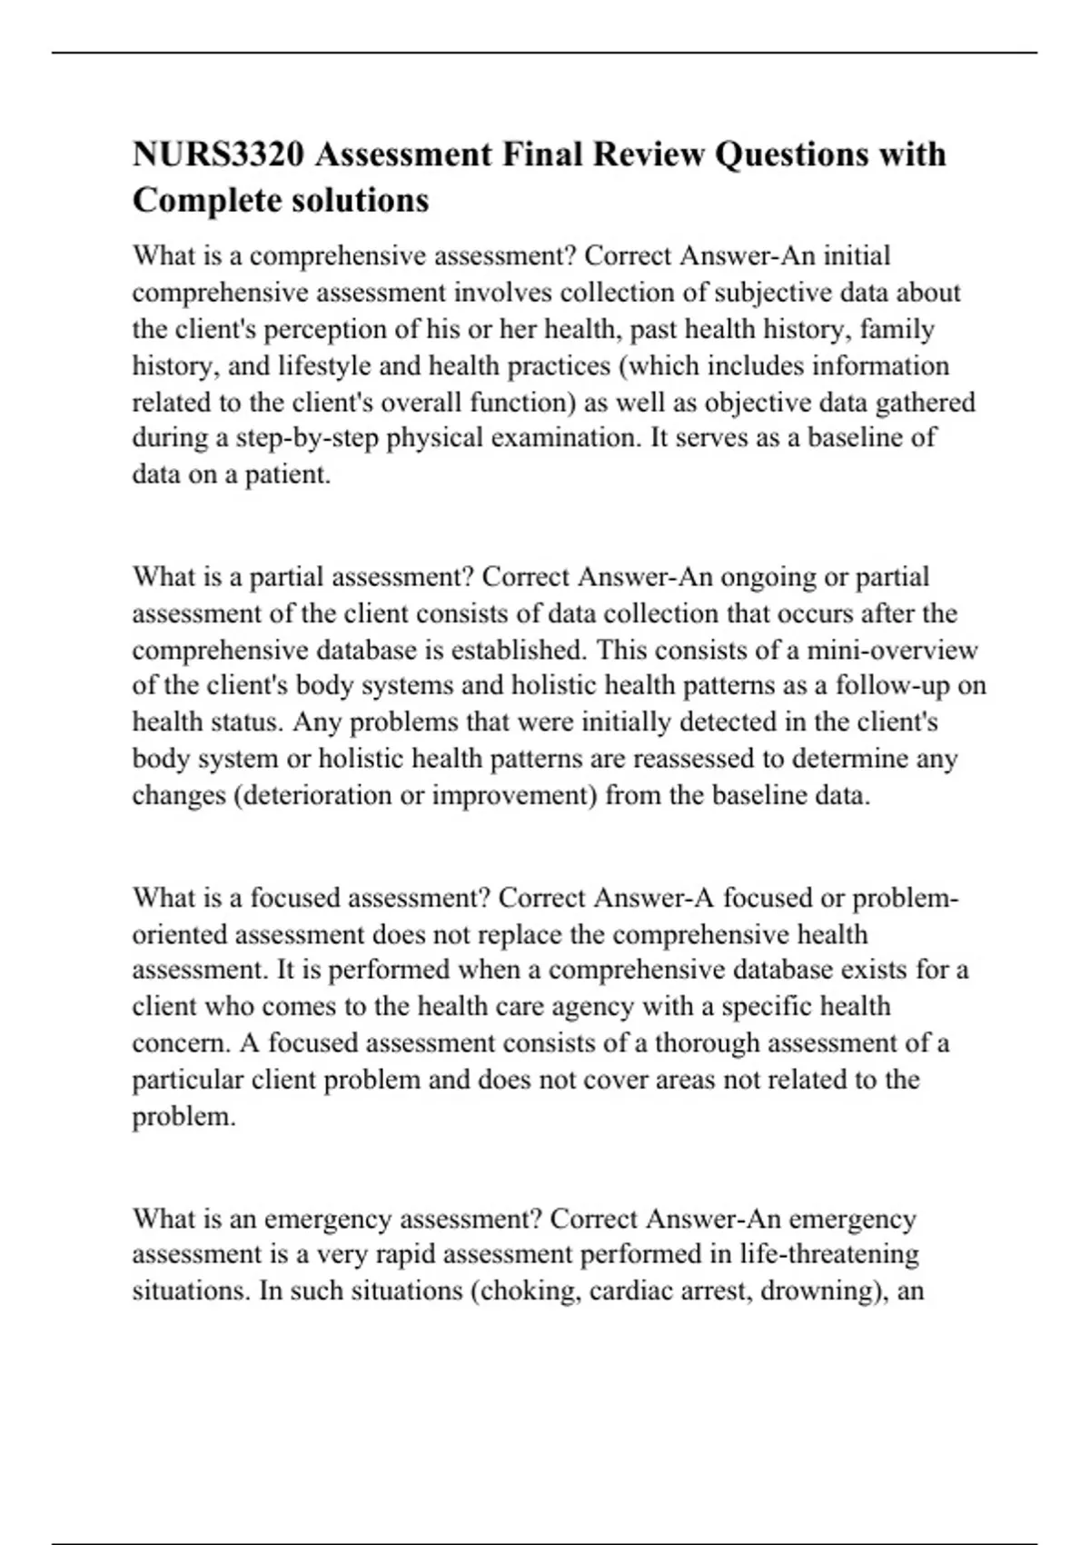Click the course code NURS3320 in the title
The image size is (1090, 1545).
pos(218,154)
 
